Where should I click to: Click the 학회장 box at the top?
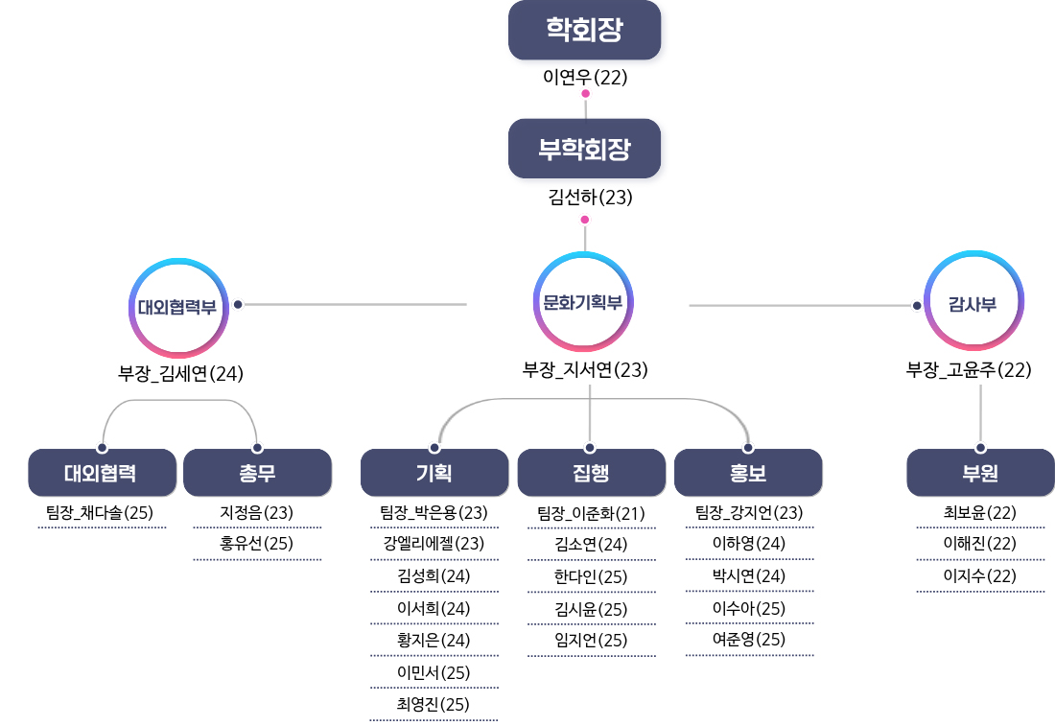pyautogui.click(x=584, y=30)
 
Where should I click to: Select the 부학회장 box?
pyautogui.click(x=584, y=149)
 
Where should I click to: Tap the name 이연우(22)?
pyautogui.click(x=585, y=78)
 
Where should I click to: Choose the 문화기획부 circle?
pyautogui.click(x=584, y=303)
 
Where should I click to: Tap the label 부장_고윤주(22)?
pyautogui.click(x=969, y=370)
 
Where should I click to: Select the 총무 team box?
pyautogui.click(x=257, y=473)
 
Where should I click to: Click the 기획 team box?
pyautogui.click(x=434, y=473)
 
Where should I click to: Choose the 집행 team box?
pyautogui.click(x=591, y=473)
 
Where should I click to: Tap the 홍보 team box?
pyautogui.click(x=748, y=473)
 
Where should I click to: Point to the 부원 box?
pyautogui.click(x=980, y=473)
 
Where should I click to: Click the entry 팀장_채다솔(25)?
pyautogui.click(x=100, y=513)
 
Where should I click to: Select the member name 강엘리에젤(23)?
pyautogui.click(x=434, y=545)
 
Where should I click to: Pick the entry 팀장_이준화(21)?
pyautogui.click(x=591, y=513)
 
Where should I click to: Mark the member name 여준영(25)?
pyautogui.click(x=749, y=640)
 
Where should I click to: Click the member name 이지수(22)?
pyautogui.click(x=980, y=576)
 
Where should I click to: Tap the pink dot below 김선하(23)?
pyautogui.click(x=585, y=220)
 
